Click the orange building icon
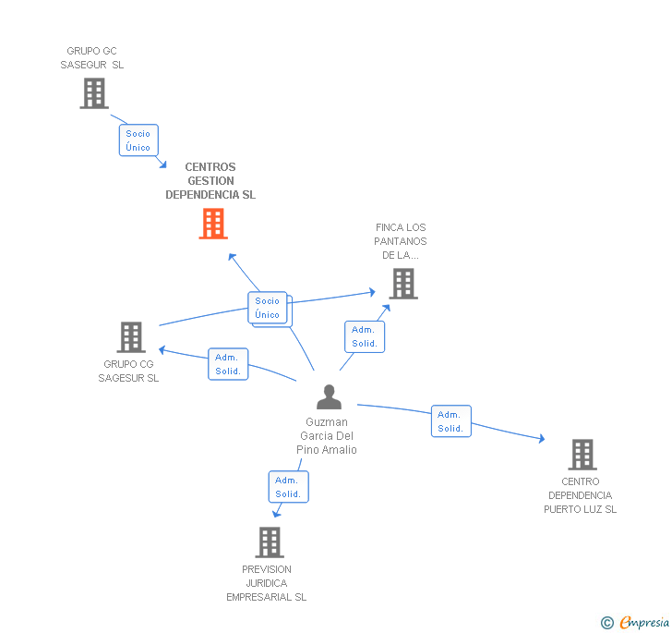pos(213,224)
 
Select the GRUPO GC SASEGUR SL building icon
pos(94,93)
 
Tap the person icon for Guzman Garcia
pos(329,397)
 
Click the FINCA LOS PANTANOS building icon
pos(403,284)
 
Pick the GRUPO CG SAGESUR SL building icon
pos(131,337)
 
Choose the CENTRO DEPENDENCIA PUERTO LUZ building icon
pos(582,455)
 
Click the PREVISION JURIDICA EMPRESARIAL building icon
pos(269,542)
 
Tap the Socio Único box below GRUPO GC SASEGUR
pos(138,140)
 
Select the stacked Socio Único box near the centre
pos(268,308)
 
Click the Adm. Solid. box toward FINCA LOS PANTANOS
pos(365,336)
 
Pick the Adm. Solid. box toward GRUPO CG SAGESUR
pos(228,364)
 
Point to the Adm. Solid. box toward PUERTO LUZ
pos(450,421)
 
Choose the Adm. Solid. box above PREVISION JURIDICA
pos(288,487)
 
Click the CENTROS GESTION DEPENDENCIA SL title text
pos(210,181)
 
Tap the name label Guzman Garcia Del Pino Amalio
pos(327,436)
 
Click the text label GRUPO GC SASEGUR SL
pos(92,58)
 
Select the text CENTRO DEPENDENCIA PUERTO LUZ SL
pos(580,495)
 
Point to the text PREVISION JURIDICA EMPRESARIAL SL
pos(267,583)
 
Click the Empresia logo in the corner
pos(644,623)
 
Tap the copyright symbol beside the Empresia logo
pos(607,624)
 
